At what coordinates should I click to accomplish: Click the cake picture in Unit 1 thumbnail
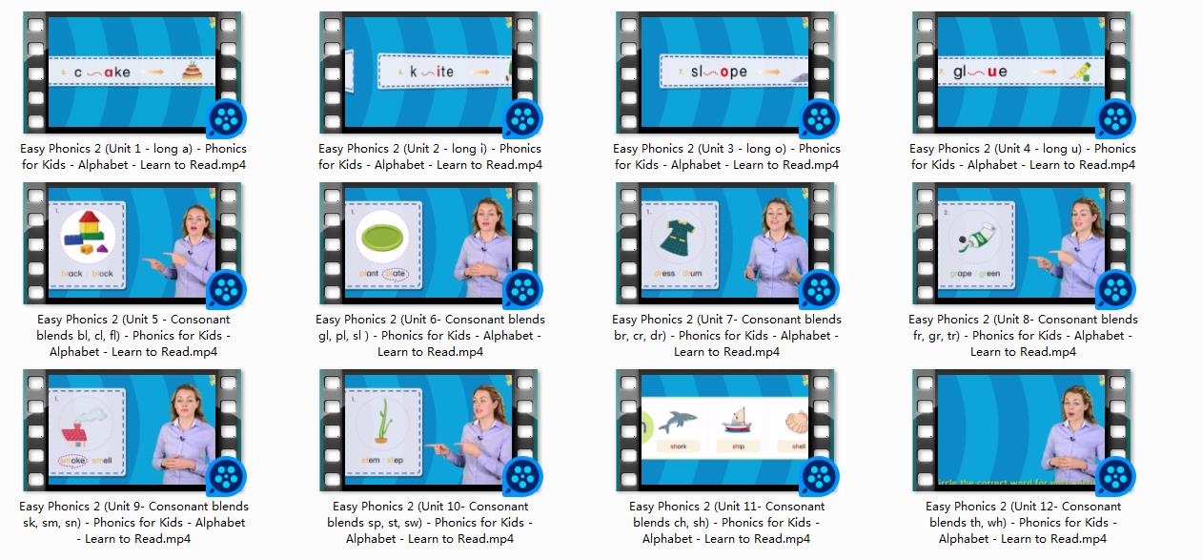pyautogui.click(x=193, y=72)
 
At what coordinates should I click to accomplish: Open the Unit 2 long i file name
pyautogui.click(x=430, y=156)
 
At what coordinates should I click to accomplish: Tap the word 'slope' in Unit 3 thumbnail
pyautogui.click(x=720, y=72)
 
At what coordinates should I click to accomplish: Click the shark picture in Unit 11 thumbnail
pyautogui.click(x=678, y=420)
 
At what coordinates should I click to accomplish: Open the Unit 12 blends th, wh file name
pyautogui.click(x=1023, y=522)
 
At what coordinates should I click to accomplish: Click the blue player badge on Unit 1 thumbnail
pyautogui.click(x=227, y=118)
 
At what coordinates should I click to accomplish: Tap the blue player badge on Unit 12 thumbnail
pyautogui.click(x=1115, y=476)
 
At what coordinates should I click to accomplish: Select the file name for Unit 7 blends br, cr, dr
pyautogui.click(x=726, y=335)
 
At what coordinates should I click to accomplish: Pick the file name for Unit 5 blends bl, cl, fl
pyautogui.click(x=133, y=335)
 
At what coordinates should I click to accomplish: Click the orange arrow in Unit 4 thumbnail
pyautogui.click(x=1046, y=72)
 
